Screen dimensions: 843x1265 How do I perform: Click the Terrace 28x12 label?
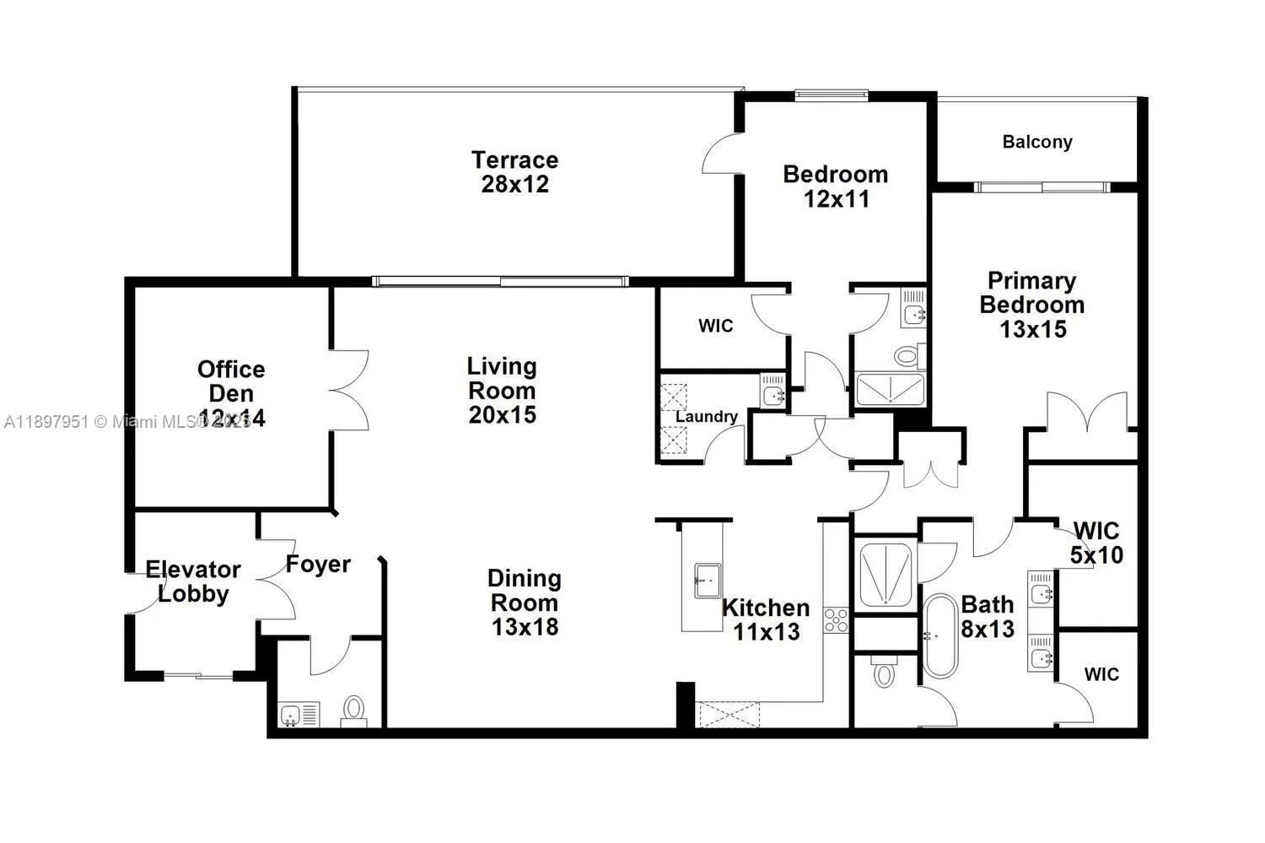[514, 172]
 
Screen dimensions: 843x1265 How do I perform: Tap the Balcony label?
[1036, 142]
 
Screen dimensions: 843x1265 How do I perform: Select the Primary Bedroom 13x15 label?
[1032, 305]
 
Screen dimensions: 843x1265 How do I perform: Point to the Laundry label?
[706, 416]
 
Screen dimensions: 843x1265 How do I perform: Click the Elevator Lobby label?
[193, 581]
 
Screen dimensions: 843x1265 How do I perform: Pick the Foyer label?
[318, 564]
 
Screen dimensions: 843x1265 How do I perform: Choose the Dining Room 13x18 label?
[524, 603]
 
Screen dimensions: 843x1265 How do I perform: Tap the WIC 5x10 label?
[1095, 543]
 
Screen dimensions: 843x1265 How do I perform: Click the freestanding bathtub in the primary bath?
[939, 637]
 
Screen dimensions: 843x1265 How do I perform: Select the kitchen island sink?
[707, 581]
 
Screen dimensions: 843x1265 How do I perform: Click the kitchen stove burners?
[836, 620]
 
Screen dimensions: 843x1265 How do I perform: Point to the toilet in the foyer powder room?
[354, 711]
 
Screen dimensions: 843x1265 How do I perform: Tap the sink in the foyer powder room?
[291, 716]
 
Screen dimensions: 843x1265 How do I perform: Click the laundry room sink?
[772, 392]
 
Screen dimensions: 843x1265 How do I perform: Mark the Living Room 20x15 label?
[502, 390]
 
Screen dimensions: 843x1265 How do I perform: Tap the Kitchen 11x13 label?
[765, 619]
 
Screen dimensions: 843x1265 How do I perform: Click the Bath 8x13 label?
[987, 616]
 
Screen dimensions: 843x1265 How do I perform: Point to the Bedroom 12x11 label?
[835, 186]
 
